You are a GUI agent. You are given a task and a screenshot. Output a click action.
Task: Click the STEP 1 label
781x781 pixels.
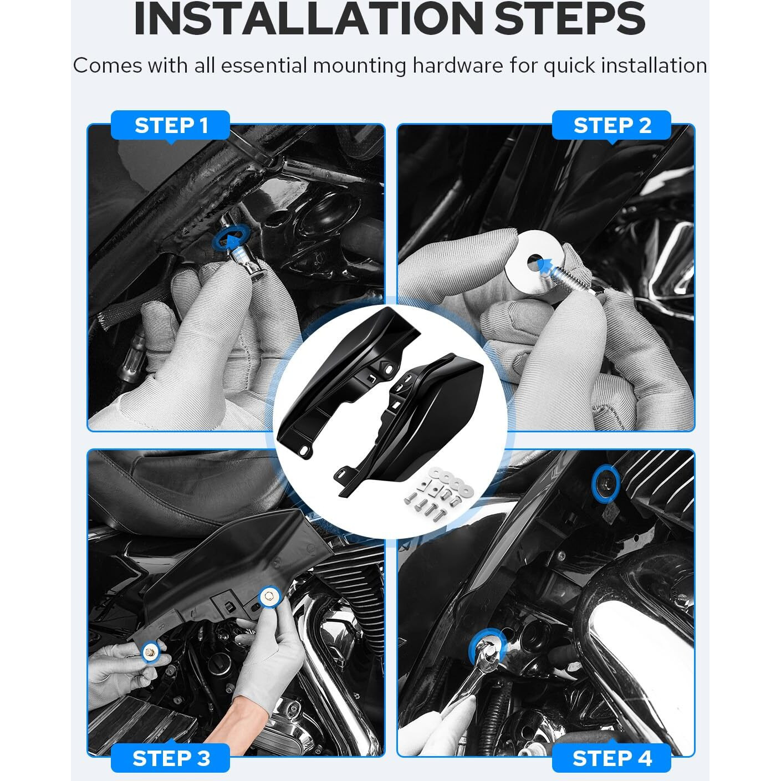(171, 125)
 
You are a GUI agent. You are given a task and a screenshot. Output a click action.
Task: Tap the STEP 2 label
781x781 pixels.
(611, 125)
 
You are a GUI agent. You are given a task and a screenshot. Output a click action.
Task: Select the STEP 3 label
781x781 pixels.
(171, 758)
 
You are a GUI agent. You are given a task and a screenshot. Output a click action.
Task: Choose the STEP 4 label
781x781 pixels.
(611, 758)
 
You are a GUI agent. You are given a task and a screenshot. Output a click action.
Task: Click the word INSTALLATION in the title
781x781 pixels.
(309, 19)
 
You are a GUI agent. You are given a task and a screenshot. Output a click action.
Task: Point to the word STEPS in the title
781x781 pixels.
(570, 19)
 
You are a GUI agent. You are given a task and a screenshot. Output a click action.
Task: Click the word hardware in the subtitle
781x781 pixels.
(458, 65)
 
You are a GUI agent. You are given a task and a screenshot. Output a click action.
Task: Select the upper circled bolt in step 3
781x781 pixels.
(269, 597)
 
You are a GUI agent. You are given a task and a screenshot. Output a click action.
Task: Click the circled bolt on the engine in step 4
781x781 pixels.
(605, 483)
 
